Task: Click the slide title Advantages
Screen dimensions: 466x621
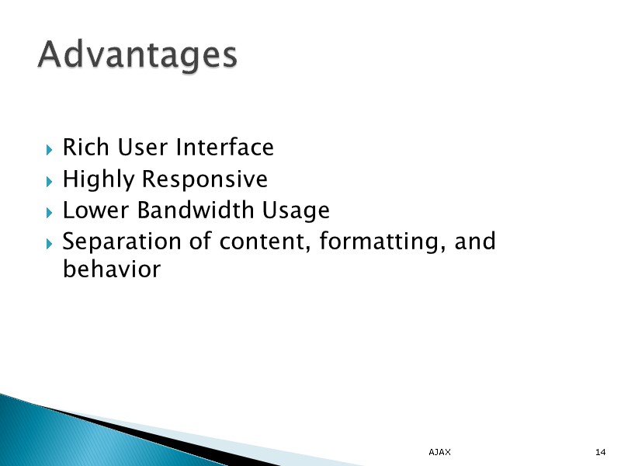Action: coord(137,55)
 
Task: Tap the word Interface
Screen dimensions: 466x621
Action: coord(224,147)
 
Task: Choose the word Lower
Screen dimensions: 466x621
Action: coord(88,210)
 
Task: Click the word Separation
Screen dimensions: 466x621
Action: coord(122,242)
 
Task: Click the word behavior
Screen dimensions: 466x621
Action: coord(111,270)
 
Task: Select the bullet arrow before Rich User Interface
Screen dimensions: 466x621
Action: coord(49,148)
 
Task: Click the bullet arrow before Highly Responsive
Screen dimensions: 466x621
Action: coord(49,181)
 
